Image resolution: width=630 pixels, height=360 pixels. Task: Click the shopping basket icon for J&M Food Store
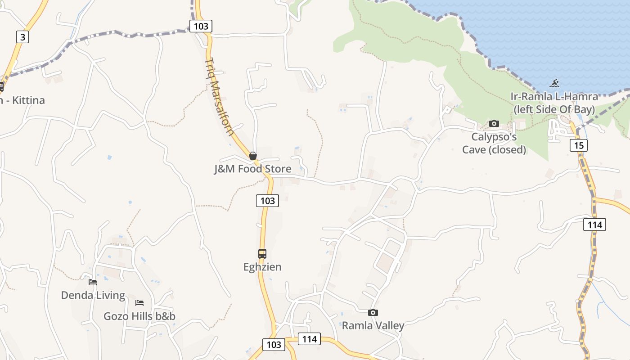(253, 156)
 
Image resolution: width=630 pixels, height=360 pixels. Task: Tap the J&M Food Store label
(252, 169)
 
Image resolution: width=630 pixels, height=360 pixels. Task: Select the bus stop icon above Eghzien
(262, 253)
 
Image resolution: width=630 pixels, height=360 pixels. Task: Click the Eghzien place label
(262, 267)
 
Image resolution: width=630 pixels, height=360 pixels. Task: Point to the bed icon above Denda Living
(93, 282)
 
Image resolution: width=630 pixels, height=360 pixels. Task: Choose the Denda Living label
(93, 295)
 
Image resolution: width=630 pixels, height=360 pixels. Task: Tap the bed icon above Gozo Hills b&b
(139, 303)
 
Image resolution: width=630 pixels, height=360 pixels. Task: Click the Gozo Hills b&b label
(139, 316)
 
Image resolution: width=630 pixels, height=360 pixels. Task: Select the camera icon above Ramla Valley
(373, 312)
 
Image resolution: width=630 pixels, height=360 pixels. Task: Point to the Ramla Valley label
(373, 325)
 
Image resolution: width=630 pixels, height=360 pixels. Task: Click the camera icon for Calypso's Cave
(494, 123)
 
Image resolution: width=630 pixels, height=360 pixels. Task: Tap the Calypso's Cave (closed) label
(494, 143)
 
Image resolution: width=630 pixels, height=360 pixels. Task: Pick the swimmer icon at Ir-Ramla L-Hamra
(554, 83)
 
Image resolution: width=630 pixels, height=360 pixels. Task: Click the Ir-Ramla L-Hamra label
(554, 103)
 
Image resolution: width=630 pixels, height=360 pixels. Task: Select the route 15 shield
(579, 145)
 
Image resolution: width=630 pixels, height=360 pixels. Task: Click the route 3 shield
(22, 36)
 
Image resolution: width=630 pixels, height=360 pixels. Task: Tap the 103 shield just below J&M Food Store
(267, 200)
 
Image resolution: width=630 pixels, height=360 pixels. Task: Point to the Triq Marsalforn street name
(219, 97)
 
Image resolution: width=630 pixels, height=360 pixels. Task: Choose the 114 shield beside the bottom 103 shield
(310, 339)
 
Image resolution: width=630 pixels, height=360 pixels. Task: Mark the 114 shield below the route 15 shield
(594, 224)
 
